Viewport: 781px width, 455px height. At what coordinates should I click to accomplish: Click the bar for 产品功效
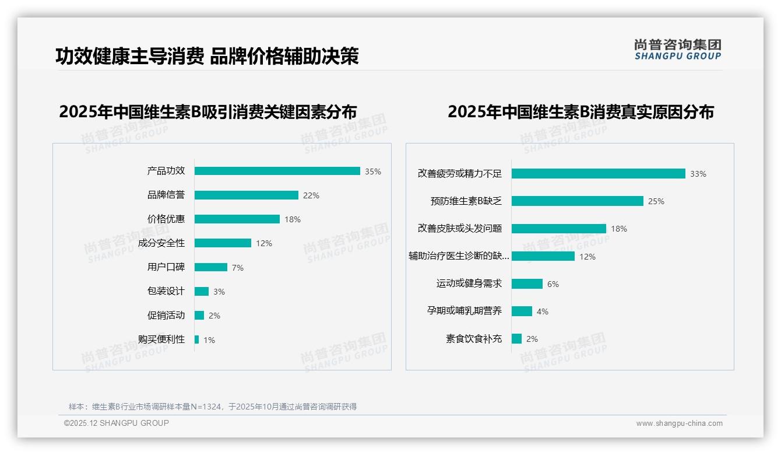277,171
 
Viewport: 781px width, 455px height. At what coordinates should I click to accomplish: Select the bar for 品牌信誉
246,195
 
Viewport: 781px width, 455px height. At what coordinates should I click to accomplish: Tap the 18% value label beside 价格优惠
293,220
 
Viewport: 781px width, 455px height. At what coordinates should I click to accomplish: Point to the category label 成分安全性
161,243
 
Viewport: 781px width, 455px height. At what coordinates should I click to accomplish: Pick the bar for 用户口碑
210,267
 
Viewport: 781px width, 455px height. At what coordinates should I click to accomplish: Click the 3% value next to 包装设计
219,292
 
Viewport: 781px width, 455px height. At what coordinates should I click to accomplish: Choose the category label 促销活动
166,316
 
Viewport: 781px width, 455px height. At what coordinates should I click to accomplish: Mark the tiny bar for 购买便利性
196,339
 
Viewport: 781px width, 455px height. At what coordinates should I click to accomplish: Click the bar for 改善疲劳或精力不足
598,174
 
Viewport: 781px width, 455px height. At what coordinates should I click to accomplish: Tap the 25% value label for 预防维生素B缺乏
656,201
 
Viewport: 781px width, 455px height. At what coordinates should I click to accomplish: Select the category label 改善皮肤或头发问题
460,229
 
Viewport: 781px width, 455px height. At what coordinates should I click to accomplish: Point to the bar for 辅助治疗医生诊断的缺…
543,256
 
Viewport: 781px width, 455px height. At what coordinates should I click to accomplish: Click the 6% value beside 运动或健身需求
553,284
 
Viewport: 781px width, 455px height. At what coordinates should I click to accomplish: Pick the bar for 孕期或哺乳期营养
522,311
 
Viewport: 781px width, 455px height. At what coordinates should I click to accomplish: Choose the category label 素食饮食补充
474,339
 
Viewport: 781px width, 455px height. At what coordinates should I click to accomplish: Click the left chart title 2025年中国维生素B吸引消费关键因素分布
207,112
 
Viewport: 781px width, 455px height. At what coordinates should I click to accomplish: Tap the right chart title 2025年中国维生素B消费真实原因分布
581,112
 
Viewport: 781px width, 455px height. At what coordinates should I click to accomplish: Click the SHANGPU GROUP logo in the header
677,50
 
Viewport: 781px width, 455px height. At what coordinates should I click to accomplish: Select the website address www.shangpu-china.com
679,423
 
